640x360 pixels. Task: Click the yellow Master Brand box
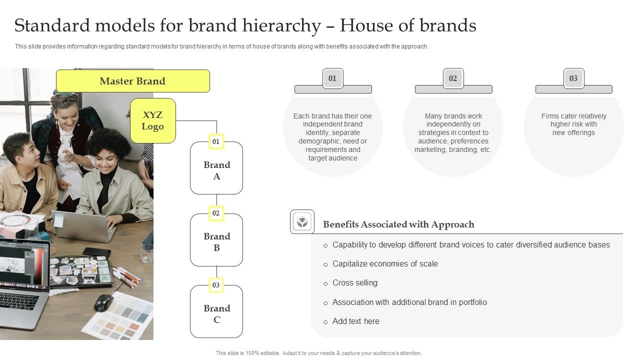(x=133, y=81)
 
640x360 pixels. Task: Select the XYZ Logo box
(x=153, y=121)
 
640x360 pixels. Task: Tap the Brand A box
(x=216, y=168)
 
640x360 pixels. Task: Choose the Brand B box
(x=216, y=240)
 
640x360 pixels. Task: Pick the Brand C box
(x=216, y=311)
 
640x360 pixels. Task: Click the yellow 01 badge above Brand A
(x=216, y=141)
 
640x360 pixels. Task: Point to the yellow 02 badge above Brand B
(x=216, y=213)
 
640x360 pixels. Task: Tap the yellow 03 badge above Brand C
(x=216, y=285)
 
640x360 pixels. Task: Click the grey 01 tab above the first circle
(x=333, y=78)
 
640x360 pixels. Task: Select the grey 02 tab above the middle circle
(x=453, y=78)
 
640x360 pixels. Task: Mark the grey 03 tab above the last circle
(x=574, y=78)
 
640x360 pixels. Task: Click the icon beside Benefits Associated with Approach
(x=302, y=221)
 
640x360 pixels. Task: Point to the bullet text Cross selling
(x=355, y=283)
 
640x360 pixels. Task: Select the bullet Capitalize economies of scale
(x=385, y=263)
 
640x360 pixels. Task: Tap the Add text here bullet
(x=355, y=321)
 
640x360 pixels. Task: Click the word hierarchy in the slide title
(x=281, y=26)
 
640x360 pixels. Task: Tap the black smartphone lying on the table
(x=97, y=251)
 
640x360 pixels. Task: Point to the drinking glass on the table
(x=147, y=253)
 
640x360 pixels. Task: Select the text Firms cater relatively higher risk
(x=573, y=120)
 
